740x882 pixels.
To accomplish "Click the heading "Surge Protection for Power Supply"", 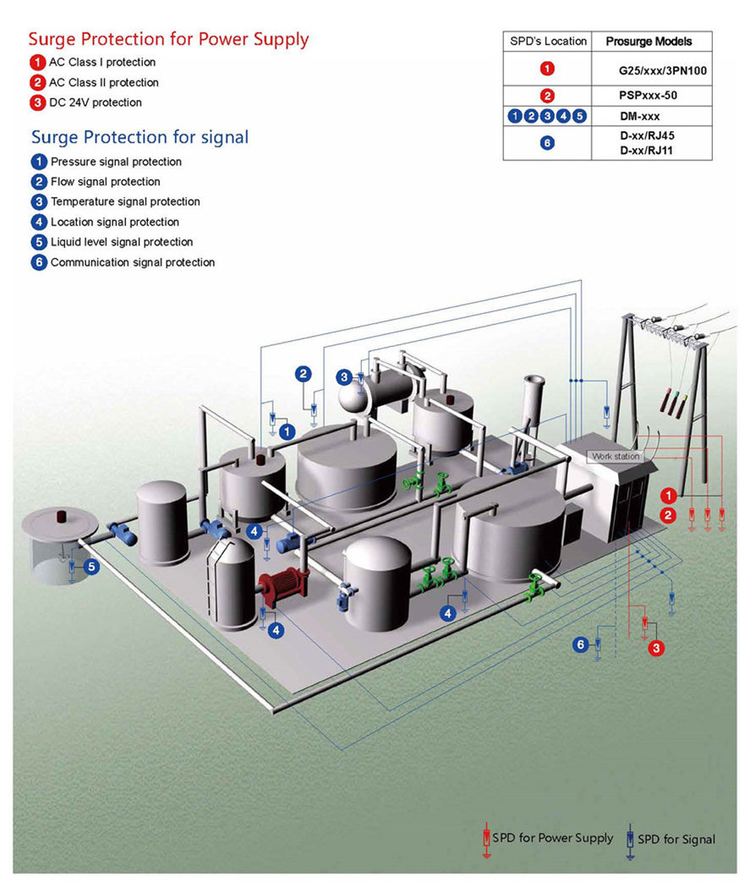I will (168, 39).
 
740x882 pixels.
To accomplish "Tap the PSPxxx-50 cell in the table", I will (648, 96).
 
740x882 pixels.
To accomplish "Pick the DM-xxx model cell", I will (639, 117).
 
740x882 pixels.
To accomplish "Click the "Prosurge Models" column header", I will (649, 41).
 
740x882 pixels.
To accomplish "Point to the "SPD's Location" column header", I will (548, 41).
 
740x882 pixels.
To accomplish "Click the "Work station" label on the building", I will (615, 457).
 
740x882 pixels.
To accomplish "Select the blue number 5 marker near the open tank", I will (90, 567).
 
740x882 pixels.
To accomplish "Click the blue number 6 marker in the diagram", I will (580, 644).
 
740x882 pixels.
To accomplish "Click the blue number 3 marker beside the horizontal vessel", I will (344, 376).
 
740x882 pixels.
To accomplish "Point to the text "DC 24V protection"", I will (95, 102).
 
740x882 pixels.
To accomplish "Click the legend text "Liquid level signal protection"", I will (123, 242).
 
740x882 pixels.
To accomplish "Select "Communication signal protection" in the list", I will (132, 262).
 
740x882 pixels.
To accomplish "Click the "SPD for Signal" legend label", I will (676, 839).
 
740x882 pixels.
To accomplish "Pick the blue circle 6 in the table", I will (547, 143).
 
